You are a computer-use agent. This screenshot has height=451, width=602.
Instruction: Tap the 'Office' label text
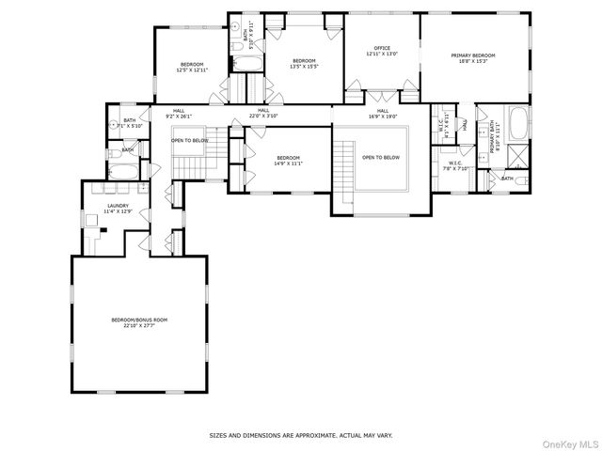point(381,52)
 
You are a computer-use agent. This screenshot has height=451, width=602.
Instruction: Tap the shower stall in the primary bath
point(517,153)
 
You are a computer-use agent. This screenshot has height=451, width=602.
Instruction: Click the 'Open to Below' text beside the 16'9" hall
point(381,157)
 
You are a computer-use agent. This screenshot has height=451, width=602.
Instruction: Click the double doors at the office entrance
point(380,97)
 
